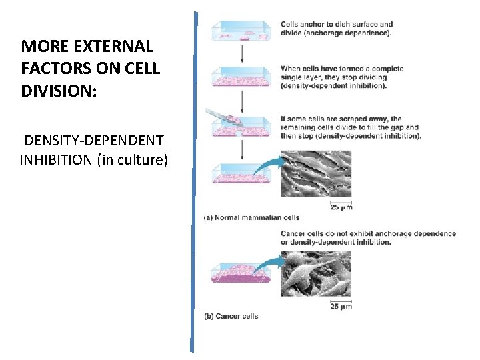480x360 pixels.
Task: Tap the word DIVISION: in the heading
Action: [x=59, y=91]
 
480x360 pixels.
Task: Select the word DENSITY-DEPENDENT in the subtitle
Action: [x=94, y=141]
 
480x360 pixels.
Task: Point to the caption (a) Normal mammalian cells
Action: [x=251, y=217]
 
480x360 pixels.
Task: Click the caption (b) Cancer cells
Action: [x=231, y=316]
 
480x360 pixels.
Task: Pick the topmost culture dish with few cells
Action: [x=241, y=32]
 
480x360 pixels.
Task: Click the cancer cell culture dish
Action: [x=241, y=273]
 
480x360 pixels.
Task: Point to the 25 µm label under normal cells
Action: [x=341, y=207]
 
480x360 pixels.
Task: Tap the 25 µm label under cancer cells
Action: [x=341, y=307]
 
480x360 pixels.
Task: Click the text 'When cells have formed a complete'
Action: [x=342, y=69]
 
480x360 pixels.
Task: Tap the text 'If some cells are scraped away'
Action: [x=341, y=119]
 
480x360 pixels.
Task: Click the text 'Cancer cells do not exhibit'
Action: [x=326, y=234]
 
